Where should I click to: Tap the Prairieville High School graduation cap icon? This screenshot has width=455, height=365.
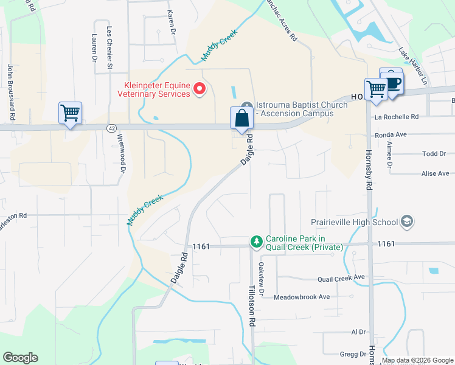(x=407, y=222)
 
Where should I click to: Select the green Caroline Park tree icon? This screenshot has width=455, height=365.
(x=257, y=242)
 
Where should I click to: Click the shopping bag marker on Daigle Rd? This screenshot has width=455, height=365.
(x=241, y=118)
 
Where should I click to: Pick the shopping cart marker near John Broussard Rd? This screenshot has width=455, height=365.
(x=71, y=113)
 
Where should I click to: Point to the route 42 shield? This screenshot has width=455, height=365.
(x=111, y=128)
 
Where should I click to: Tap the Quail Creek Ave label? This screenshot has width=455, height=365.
(x=341, y=278)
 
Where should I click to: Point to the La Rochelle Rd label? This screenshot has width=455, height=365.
(x=397, y=116)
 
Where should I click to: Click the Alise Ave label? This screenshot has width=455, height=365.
(x=435, y=173)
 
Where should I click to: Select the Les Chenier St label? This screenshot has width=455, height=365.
(x=109, y=46)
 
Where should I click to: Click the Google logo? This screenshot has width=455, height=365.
(x=20, y=358)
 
